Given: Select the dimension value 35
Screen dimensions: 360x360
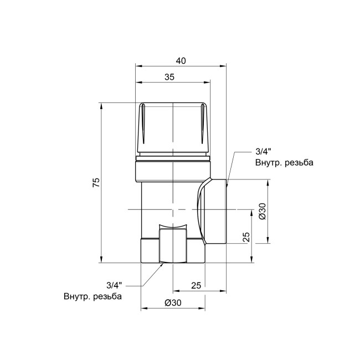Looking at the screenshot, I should (170, 78).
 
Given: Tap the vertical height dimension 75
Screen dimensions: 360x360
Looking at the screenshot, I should (95, 183).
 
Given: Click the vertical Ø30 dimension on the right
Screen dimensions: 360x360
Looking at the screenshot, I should (262, 210).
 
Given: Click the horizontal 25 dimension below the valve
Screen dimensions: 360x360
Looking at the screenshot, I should (196, 285).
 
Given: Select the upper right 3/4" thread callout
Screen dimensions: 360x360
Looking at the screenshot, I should (264, 152).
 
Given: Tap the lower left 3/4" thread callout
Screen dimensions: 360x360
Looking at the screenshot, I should (113, 285).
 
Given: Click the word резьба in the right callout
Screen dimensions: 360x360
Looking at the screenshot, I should (299, 163).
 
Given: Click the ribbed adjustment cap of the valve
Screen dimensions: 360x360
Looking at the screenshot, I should (174, 127).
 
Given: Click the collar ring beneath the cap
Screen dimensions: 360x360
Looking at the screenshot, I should (174, 169).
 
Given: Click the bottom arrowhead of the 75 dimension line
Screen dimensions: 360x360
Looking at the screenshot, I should (101, 261).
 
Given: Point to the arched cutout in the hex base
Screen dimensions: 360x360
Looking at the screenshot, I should (173, 230).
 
